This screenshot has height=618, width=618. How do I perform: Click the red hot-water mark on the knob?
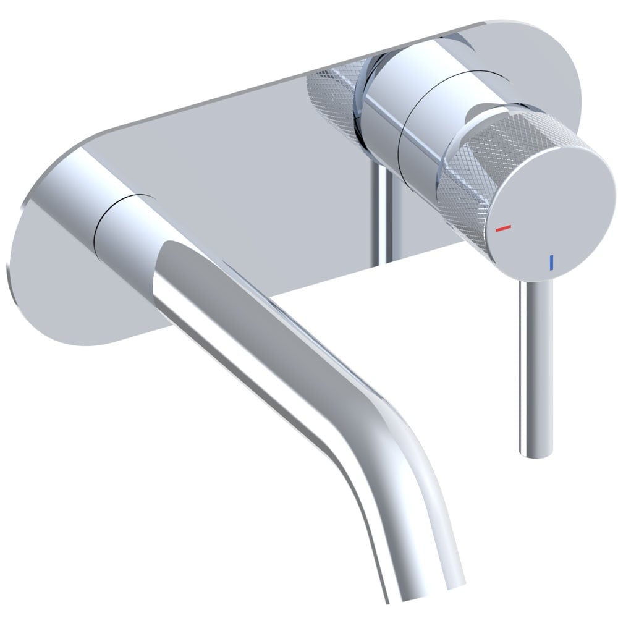(504, 228)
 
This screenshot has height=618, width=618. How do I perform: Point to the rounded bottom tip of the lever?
(535, 452)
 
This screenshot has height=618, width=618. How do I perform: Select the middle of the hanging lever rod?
(535, 365)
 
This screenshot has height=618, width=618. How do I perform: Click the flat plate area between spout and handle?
(260, 154)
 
